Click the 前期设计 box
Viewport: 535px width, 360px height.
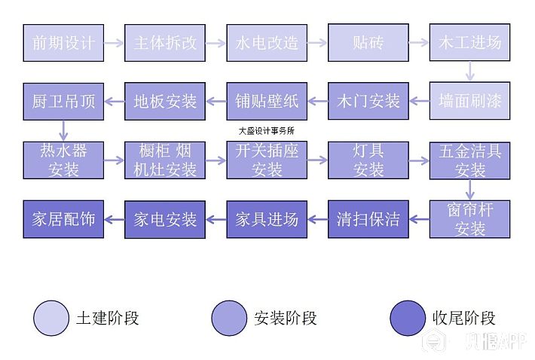click(x=63, y=42)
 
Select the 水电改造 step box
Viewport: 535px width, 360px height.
click(x=267, y=42)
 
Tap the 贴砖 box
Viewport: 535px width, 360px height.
click(x=368, y=42)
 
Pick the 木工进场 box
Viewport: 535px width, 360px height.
click(x=469, y=42)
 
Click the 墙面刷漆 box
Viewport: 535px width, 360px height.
click(x=469, y=101)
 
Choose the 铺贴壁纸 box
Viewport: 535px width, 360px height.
click(x=267, y=101)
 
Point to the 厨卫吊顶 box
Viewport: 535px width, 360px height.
click(x=63, y=101)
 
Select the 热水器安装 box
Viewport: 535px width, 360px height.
click(x=63, y=160)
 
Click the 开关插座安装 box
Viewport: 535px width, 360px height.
click(x=267, y=160)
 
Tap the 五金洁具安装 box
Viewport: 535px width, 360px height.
click(x=469, y=160)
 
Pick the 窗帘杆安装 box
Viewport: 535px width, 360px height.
click(x=469, y=218)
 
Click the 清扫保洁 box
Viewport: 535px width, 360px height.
click(x=368, y=219)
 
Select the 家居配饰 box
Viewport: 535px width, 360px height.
click(x=63, y=219)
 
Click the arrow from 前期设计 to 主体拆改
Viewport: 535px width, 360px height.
click(x=114, y=43)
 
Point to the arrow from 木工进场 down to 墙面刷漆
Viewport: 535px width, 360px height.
click(x=470, y=72)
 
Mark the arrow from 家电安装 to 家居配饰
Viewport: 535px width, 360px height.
click(x=114, y=219)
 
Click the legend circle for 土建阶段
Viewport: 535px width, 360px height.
click(x=50, y=318)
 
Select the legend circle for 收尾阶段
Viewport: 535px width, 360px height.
click(x=408, y=318)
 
